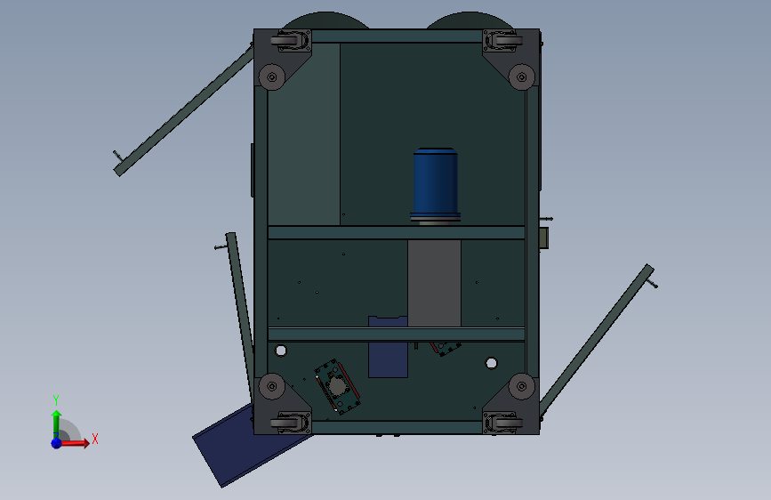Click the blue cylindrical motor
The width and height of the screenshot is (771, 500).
tap(435, 186)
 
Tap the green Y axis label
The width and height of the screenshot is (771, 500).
tap(56, 399)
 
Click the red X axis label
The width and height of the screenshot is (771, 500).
tap(95, 439)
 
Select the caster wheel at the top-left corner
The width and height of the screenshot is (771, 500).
tap(291, 40)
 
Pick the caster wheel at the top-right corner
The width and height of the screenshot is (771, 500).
tap(502, 40)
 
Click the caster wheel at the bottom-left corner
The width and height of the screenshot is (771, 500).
tap(291, 423)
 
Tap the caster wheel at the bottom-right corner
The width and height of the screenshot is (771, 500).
tap(502, 423)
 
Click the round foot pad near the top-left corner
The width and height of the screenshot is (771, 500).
tap(272, 77)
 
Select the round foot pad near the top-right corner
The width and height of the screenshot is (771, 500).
tap(522, 77)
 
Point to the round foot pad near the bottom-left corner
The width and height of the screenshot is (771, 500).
tap(272, 386)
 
